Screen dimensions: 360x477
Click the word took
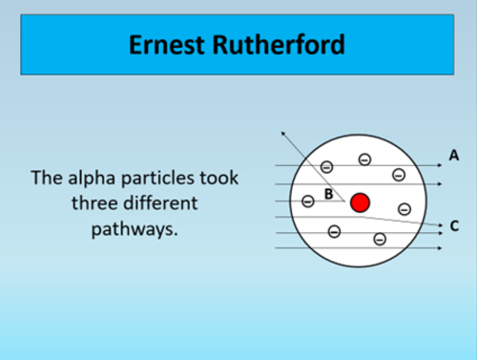click(x=218, y=179)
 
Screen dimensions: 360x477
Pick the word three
click(x=95, y=203)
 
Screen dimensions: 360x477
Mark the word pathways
click(x=134, y=229)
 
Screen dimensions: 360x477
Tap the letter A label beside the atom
click(x=453, y=154)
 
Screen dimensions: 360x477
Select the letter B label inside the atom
click(x=328, y=194)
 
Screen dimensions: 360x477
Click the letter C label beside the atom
click(x=454, y=226)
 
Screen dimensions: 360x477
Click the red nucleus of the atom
click(x=360, y=202)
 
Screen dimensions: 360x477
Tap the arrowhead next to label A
click(x=440, y=165)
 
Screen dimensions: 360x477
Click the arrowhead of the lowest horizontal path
click(x=440, y=248)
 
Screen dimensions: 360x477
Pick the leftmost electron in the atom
click(x=307, y=201)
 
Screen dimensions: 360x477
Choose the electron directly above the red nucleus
click(x=363, y=159)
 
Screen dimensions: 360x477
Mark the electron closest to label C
click(x=404, y=208)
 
